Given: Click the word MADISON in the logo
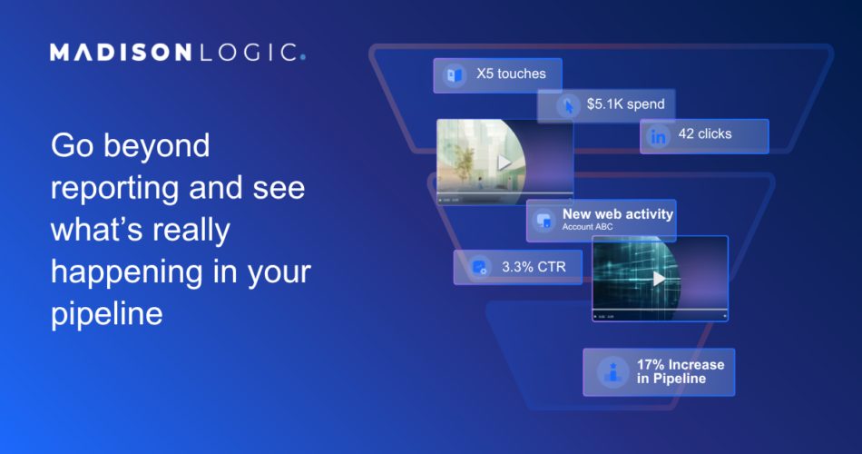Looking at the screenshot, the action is [121, 53].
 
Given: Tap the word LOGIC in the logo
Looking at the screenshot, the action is [249, 53].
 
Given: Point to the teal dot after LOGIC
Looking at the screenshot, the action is [303, 56].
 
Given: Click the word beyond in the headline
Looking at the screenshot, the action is [157, 146].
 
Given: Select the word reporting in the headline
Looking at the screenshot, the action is [115, 189].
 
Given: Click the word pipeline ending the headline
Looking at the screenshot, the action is [107, 314].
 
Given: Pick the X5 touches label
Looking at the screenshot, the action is [511, 74].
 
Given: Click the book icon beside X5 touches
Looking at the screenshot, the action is [454, 74].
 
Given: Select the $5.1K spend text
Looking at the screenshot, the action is [625, 104].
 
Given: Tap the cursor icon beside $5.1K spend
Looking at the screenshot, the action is [568, 105].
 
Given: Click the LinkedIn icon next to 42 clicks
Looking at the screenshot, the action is [658, 136].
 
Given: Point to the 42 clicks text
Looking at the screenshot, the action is [705, 133].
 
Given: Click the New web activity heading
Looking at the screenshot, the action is [617, 214].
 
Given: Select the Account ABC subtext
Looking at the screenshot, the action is [587, 227].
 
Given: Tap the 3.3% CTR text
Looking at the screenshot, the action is [534, 267].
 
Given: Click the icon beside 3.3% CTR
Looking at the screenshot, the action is [480, 268].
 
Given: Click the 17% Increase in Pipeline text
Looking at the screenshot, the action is [681, 371].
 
